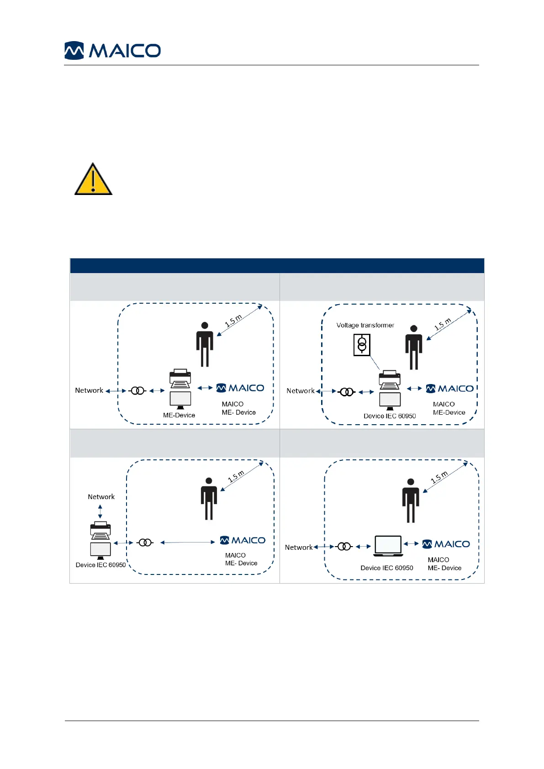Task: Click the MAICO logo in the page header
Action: coord(112,50)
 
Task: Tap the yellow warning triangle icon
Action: coord(93,180)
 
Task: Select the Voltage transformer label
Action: coord(365,325)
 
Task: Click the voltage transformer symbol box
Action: coord(362,345)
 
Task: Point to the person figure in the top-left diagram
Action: coord(205,344)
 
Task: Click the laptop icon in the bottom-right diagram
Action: coord(388,546)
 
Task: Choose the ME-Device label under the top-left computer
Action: coord(179,415)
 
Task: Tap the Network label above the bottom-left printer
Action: coord(101,497)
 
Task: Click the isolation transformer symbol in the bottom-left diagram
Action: coord(145,543)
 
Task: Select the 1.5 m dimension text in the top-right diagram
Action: coord(443,324)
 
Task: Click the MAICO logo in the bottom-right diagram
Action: coord(446,544)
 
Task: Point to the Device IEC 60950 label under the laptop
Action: coord(386,568)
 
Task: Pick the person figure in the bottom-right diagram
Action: coord(411,501)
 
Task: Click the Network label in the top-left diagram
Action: coord(89,390)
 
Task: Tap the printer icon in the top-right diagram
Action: coord(390,380)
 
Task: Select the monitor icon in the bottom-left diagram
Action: coord(100,550)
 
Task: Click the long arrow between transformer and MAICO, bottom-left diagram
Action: coord(187,543)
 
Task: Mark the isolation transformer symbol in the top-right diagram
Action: coord(347,392)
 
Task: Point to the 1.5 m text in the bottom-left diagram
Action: coord(236,476)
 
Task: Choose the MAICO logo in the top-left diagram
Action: coord(240,388)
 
